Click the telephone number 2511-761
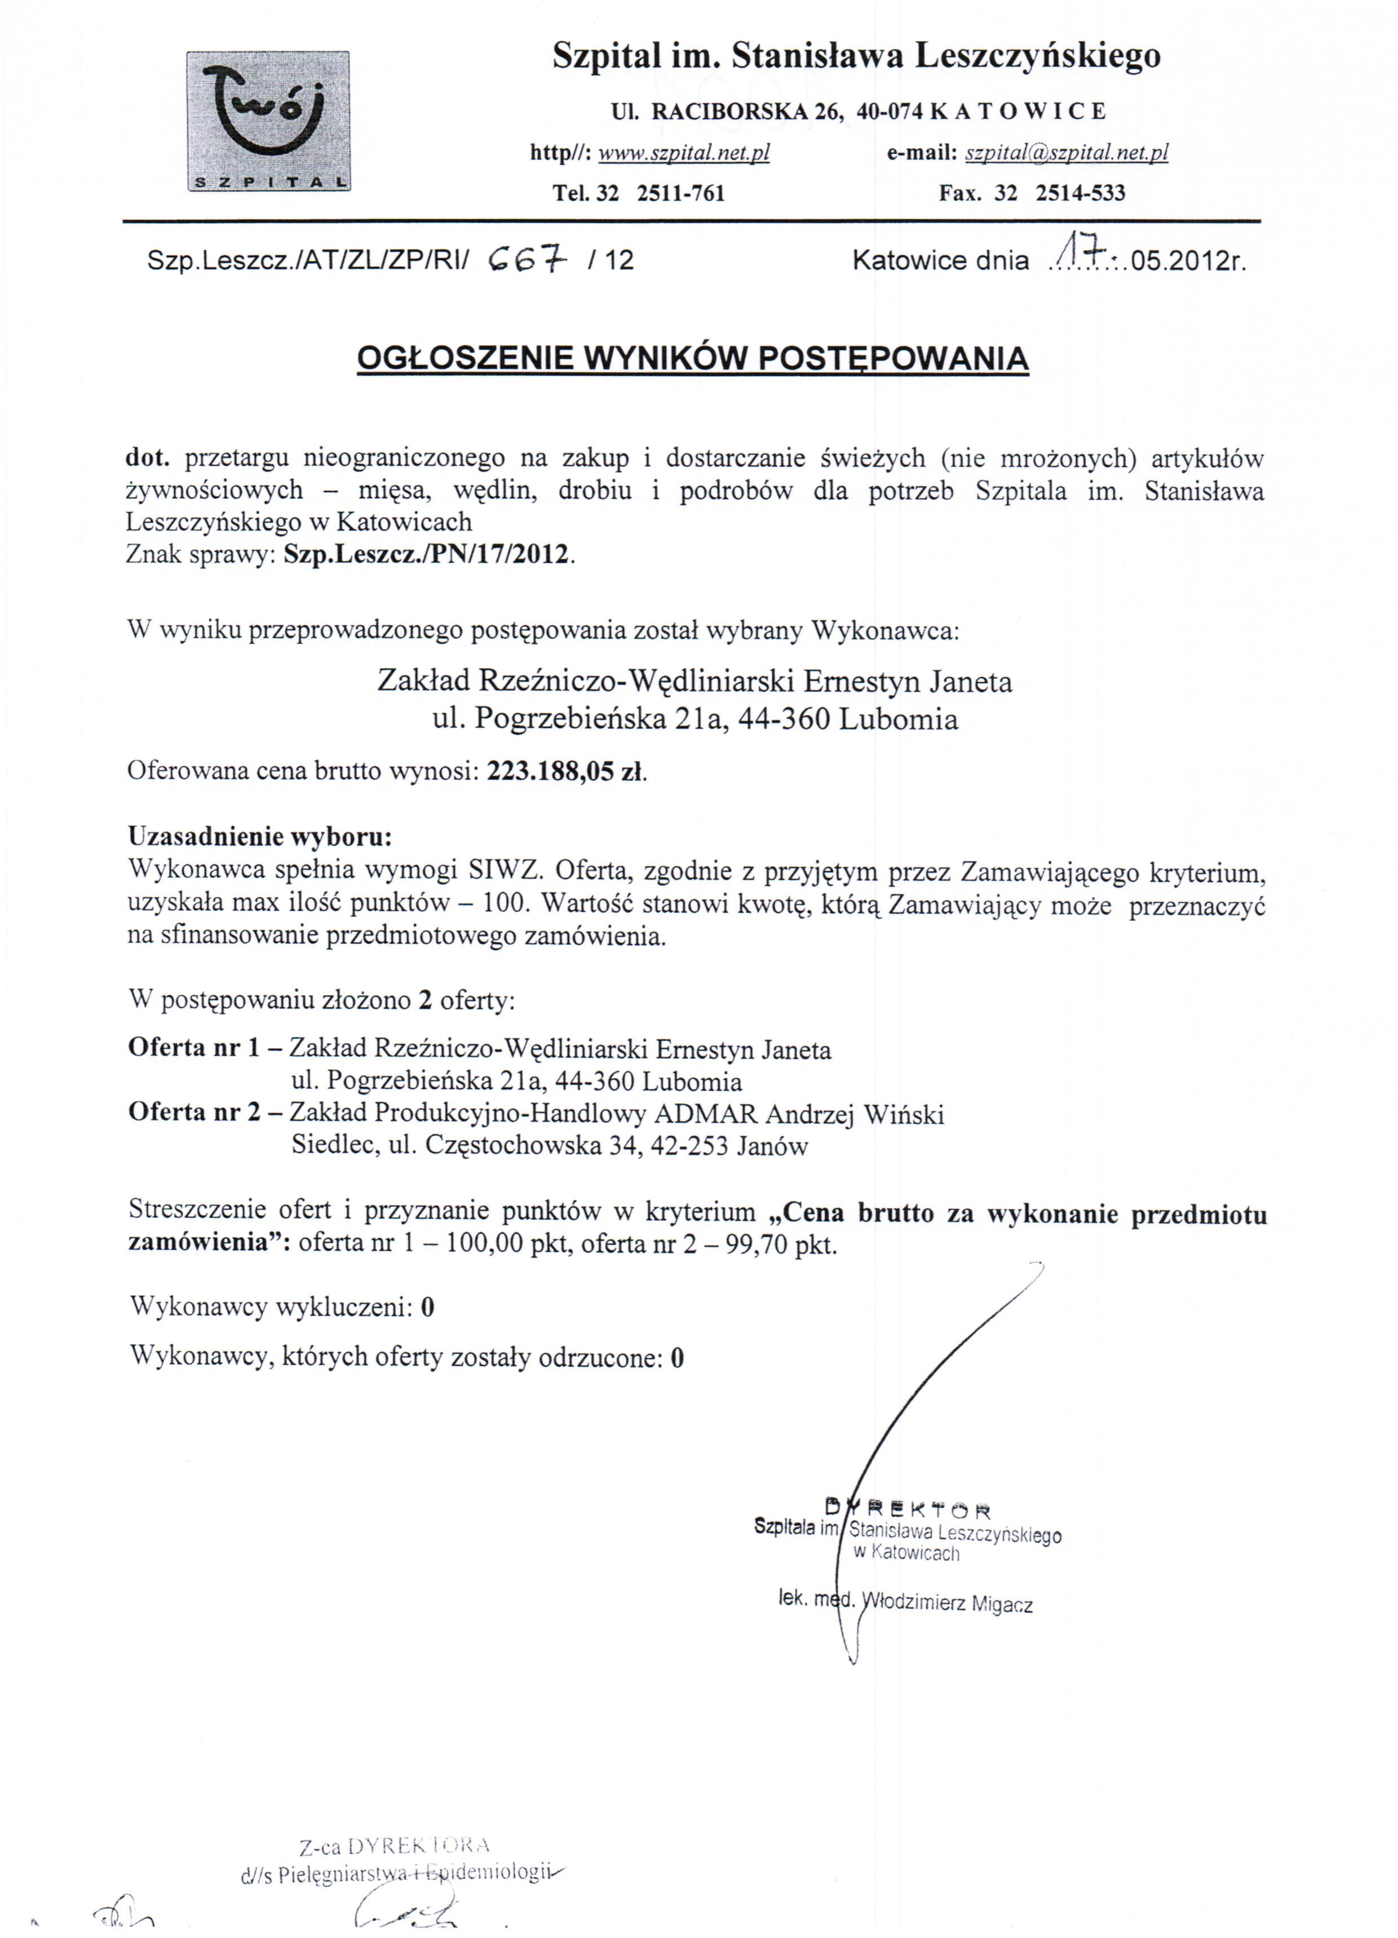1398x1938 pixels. coord(680,193)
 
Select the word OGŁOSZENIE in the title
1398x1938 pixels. coord(464,358)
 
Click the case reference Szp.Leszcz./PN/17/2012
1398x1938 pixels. coord(426,555)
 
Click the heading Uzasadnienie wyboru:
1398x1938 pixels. coord(260,835)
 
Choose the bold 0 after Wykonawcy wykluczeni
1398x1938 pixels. coord(427,1308)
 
